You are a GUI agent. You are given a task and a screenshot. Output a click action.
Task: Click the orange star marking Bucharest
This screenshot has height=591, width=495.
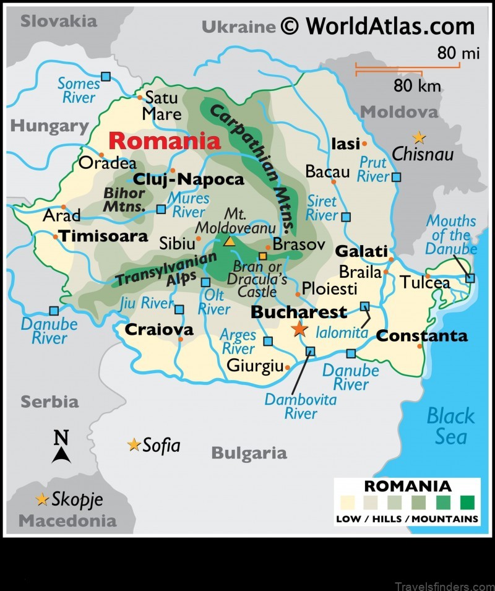299,329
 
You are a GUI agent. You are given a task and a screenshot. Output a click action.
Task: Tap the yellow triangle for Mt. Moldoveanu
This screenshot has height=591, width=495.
230,241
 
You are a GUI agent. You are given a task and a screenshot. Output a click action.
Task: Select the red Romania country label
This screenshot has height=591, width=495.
164,141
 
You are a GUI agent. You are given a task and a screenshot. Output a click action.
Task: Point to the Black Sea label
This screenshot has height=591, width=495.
451,426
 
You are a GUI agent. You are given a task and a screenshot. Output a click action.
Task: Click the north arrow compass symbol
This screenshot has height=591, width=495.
61,447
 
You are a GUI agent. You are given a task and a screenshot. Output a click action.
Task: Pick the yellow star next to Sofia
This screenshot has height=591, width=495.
134,445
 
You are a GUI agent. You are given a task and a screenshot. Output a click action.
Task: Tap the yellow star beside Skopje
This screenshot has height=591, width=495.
42,499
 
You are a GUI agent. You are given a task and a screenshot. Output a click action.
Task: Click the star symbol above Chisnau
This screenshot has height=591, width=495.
420,137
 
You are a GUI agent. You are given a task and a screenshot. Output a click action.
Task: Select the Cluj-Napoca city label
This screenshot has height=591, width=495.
189,179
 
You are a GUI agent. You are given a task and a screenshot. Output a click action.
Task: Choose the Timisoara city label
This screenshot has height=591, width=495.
103,236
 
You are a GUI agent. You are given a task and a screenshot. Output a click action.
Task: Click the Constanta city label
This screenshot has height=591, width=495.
421,336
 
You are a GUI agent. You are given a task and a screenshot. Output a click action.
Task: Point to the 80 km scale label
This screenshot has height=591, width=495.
417,85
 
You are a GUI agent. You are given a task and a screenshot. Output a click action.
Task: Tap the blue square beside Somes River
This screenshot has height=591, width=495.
106,77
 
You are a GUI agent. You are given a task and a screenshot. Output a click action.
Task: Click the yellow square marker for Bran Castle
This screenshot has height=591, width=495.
263,256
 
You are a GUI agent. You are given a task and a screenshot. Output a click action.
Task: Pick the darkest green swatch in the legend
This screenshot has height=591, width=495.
467,502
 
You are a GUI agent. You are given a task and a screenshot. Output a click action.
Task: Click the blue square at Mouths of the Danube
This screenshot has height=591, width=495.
470,278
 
